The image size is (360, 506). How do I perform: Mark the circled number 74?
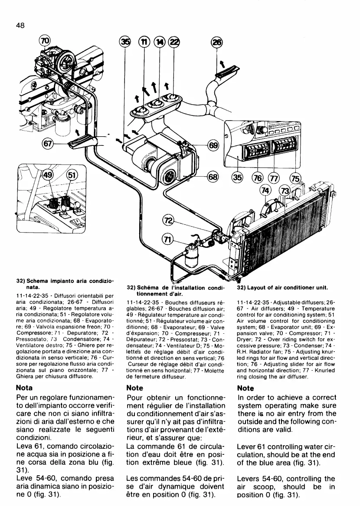pos(265,191)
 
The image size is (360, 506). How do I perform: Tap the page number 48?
pos(20,25)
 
